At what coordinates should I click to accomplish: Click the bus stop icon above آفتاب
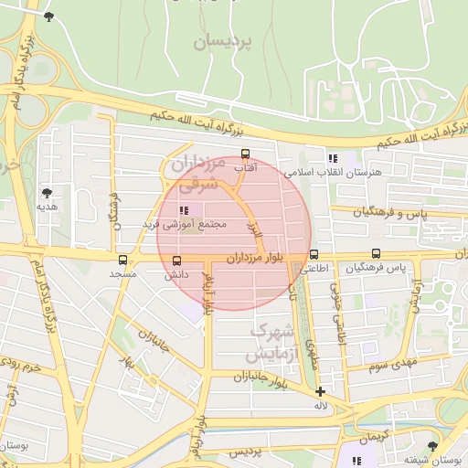pos(244,154)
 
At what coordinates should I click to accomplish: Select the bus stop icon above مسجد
pos(122,260)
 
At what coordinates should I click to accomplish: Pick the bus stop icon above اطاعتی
pos(314,255)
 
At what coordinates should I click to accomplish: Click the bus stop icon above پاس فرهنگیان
pos(376,254)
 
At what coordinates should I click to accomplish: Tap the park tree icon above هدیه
pos(47,193)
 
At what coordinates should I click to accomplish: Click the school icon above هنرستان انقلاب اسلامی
pos(333,158)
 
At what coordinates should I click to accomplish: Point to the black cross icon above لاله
pos(320,391)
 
